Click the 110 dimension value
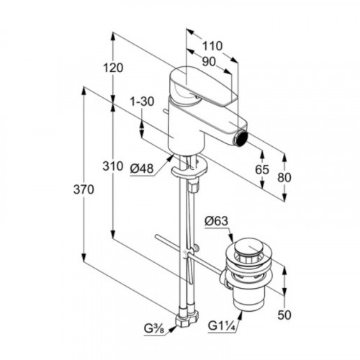click(212, 46)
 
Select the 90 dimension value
click(209, 62)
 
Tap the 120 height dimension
click(113, 68)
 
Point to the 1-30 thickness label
click(142, 102)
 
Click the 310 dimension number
click(113, 166)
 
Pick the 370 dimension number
click(84, 190)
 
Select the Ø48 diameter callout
click(142, 168)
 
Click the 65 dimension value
click(262, 170)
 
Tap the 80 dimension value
click(284, 178)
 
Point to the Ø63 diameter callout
click(216, 221)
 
